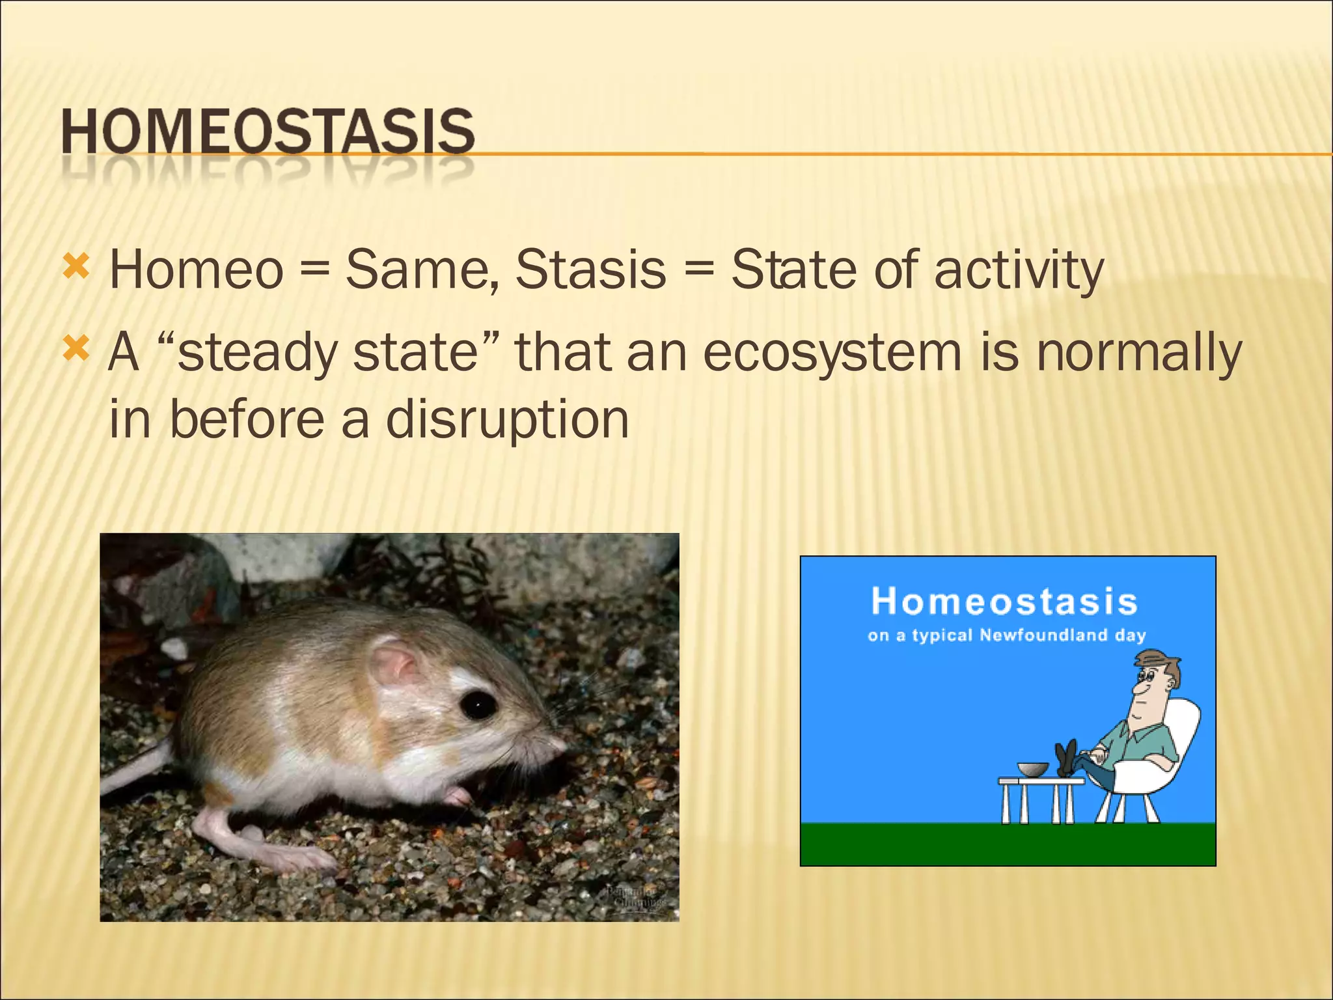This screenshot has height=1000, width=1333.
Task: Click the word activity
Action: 1019,271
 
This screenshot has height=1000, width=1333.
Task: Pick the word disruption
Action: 507,420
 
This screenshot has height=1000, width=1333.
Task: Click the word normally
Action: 1138,354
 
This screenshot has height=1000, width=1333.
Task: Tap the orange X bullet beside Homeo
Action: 76,267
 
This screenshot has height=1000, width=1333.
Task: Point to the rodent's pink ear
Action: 394,664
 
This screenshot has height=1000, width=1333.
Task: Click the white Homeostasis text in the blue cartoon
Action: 1004,601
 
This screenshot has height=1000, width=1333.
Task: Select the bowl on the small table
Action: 1033,770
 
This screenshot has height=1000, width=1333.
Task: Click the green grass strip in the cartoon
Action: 1007,844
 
